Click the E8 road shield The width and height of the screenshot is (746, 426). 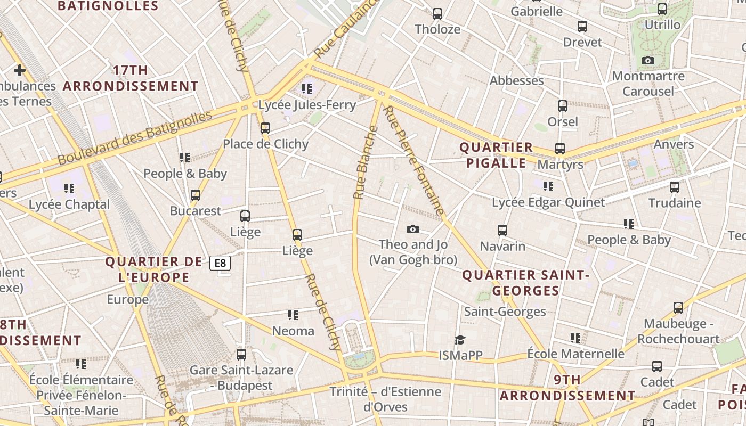click(x=220, y=263)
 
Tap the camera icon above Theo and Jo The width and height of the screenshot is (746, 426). click(x=412, y=230)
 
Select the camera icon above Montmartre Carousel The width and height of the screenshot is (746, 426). click(x=648, y=61)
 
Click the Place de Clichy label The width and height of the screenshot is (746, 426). click(x=265, y=144)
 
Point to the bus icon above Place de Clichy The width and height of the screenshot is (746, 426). click(x=265, y=128)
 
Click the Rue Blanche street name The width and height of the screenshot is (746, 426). click(x=366, y=162)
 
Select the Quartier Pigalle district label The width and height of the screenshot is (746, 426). click(x=496, y=155)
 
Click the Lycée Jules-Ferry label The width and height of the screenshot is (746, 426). click(x=307, y=105)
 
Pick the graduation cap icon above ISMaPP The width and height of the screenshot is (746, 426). click(x=459, y=340)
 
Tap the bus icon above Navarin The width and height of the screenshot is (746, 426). click(x=502, y=231)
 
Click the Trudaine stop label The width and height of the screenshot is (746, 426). click(x=675, y=203)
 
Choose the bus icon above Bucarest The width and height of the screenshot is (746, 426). click(x=196, y=195)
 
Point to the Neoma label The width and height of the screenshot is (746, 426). click(x=293, y=331)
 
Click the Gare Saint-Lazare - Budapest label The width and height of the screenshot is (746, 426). click(x=241, y=378)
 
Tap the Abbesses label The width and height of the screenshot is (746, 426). click(x=517, y=80)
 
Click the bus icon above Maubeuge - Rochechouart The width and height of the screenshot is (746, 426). click(x=678, y=308)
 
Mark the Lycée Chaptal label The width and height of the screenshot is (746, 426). click(x=69, y=204)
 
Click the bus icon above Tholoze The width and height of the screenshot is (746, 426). click(x=437, y=14)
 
